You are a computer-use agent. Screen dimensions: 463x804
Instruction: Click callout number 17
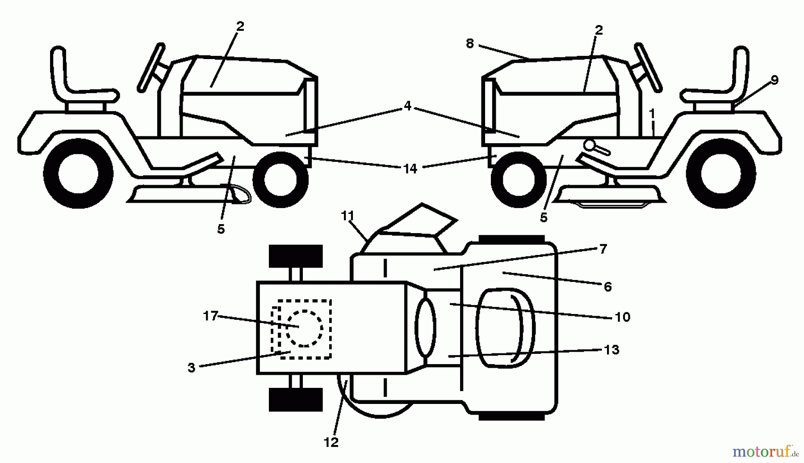[x=210, y=316]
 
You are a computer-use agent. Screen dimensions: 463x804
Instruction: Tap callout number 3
[x=192, y=368]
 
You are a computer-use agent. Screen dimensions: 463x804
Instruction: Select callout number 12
[x=331, y=442]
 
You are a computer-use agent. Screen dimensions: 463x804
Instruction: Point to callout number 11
[x=348, y=216]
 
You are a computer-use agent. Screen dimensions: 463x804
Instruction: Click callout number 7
[x=603, y=249]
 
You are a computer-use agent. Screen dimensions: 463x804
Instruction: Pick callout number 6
[x=607, y=286]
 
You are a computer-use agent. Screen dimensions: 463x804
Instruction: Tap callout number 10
[x=622, y=317]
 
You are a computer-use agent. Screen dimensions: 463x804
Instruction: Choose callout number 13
[x=611, y=349]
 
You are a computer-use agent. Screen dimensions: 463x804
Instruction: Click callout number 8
[x=469, y=43]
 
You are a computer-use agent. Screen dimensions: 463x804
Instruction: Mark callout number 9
[x=774, y=80]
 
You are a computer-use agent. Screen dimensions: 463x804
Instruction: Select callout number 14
[x=410, y=168]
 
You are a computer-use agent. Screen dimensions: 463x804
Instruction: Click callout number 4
[x=407, y=106]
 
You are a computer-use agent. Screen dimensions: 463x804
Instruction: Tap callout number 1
[x=652, y=114]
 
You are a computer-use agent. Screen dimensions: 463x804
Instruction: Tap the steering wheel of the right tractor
[x=648, y=67]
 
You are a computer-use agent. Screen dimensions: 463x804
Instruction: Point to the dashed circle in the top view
[x=305, y=328]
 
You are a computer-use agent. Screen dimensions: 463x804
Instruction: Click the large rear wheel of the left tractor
[x=79, y=174]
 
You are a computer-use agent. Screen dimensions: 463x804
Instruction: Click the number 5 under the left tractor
[x=221, y=229]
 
